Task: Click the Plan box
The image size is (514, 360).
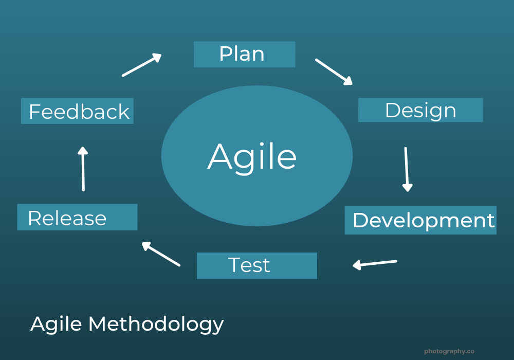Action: click(244, 55)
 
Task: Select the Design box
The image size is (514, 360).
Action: click(420, 110)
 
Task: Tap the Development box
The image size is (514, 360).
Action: click(420, 220)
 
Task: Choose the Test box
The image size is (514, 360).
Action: click(256, 265)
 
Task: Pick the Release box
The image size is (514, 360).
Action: click(77, 217)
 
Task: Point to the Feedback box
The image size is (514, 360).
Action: click(77, 111)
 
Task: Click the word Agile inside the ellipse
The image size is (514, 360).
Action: click(252, 156)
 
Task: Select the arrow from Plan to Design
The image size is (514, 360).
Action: click(334, 71)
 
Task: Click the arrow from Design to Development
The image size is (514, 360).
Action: click(407, 169)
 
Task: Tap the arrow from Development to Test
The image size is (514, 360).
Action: click(375, 264)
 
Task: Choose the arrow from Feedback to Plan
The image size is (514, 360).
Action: click(142, 65)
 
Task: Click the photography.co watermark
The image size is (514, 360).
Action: click(449, 351)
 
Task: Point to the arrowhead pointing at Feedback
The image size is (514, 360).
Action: click(82, 151)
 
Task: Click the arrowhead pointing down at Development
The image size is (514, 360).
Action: click(407, 187)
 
